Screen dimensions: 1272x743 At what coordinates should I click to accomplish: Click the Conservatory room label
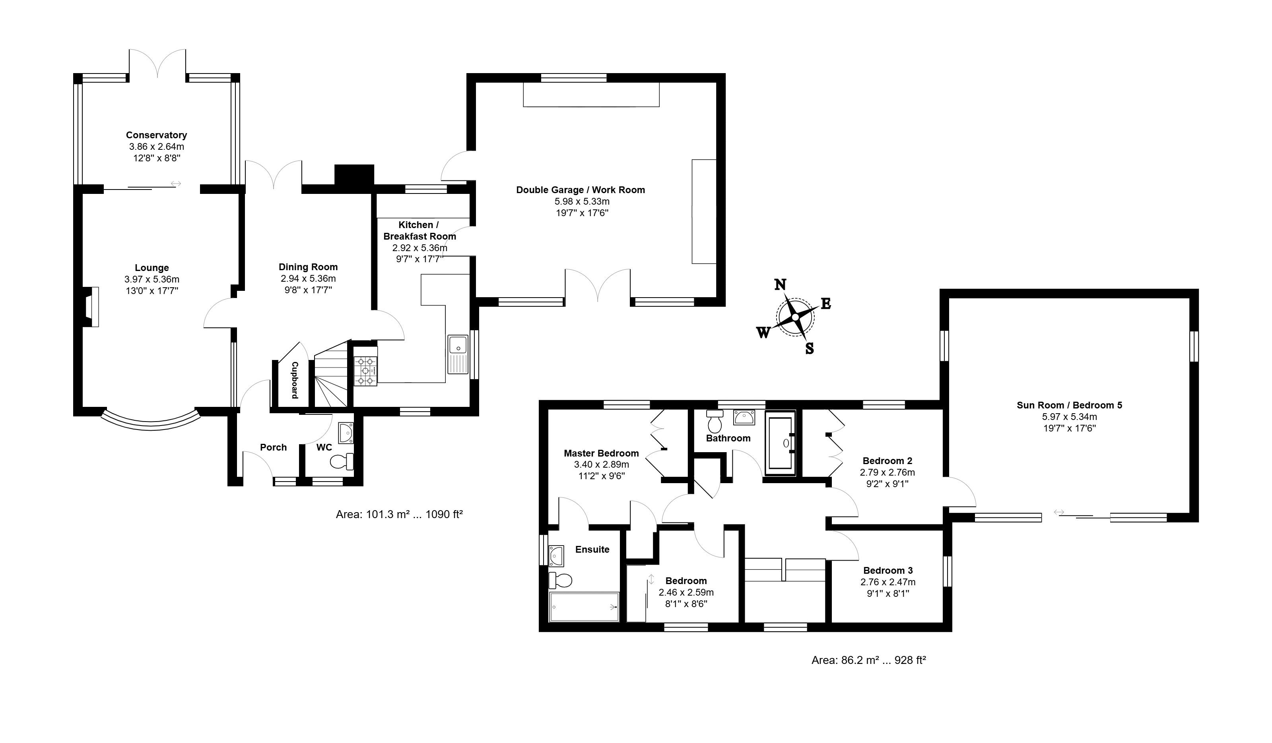157,135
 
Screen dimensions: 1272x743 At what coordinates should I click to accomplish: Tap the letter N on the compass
781,285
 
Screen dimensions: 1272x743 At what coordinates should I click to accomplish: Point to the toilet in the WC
342,461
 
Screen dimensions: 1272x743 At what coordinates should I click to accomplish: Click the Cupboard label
295,380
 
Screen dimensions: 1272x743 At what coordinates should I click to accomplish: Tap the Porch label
273,447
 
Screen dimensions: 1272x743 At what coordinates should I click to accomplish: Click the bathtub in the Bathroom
780,443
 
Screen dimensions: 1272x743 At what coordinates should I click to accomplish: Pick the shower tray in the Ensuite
585,607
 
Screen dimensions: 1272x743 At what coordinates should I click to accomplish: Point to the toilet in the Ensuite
560,580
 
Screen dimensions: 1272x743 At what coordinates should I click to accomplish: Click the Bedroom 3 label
888,571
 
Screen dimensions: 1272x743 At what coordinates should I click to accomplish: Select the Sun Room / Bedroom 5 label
1070,405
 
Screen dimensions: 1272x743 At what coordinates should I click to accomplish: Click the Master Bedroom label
601,453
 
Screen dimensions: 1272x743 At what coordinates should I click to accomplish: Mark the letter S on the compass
809,348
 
